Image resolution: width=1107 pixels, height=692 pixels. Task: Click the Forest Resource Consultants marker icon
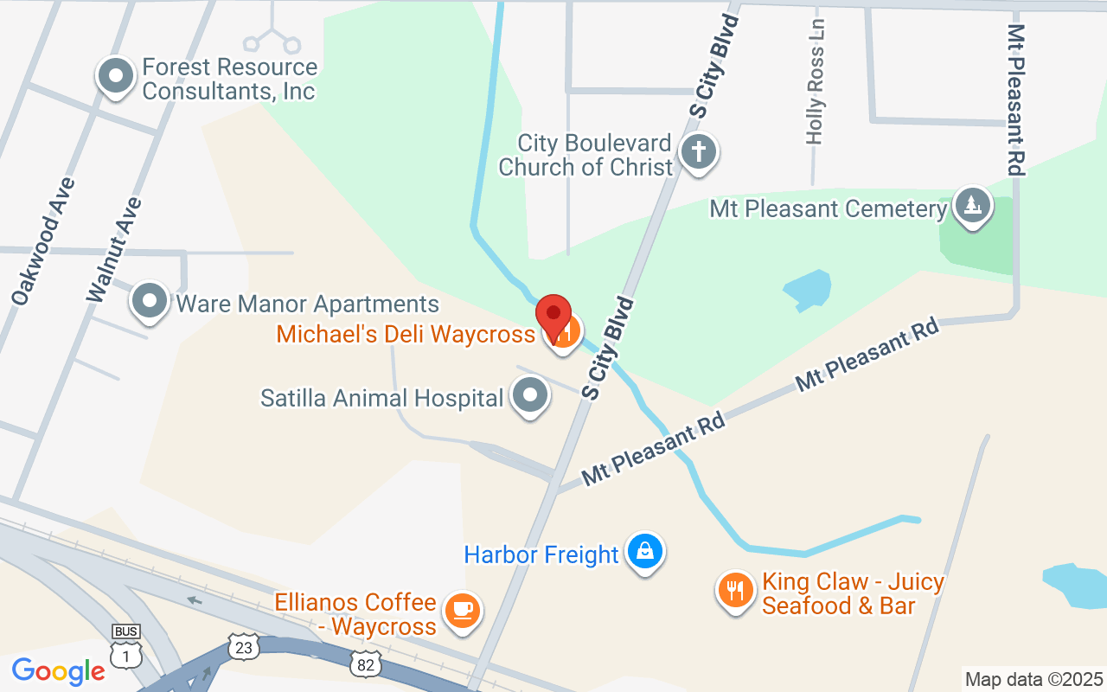point(115,76)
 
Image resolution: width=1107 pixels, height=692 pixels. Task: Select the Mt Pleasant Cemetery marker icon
point(973,206)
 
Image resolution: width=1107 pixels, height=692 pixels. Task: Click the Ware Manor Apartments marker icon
point(150,302)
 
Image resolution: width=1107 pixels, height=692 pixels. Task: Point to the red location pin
point(553,317)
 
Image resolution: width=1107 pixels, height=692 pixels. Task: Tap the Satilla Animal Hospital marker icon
point(530,396)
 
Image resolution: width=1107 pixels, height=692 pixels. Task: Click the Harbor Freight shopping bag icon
point(644,551)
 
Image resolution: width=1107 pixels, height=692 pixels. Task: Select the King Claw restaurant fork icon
point(735,591)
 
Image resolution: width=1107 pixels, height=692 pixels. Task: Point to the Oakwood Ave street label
point(43,241)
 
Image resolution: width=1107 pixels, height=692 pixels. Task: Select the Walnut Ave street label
point(114,250)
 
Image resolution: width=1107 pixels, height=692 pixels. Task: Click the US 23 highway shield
point(244,646)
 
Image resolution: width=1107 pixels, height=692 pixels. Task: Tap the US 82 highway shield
point(364,663)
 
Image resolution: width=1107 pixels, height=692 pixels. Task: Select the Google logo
point(59,671)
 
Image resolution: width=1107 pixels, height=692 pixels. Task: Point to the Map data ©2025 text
point(1034,679)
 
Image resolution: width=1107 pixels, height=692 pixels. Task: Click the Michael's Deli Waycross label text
point(406,333)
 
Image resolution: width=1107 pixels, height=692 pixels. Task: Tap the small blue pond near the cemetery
point(808,289)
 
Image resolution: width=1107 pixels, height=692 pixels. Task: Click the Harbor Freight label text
point(541,554)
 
